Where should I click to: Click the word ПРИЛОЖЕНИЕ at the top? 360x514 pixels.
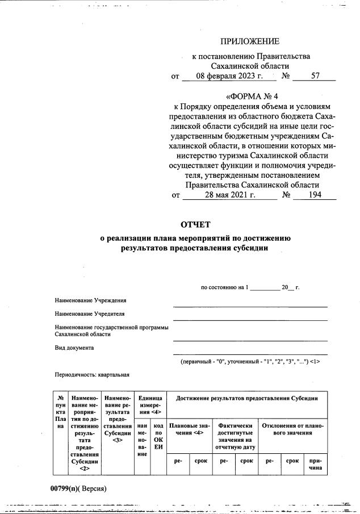click(x=250, y=41)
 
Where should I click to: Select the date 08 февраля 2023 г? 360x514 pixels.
click(x=226, y=76)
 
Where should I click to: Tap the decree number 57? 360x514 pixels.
click(x=316, y=76)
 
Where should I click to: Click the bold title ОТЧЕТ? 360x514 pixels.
click(x=195, y=224)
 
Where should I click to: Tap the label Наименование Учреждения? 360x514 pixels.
click(x=90, y=300)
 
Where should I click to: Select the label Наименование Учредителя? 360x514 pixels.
click(x=90, y=314)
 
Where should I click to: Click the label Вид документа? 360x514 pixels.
click(x=74, y=348)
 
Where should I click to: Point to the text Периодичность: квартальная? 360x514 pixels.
click(x=92, y=375)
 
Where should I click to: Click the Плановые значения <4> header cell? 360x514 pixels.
click(x=189, y=429)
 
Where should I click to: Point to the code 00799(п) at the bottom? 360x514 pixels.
click(x=64, y=488)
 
